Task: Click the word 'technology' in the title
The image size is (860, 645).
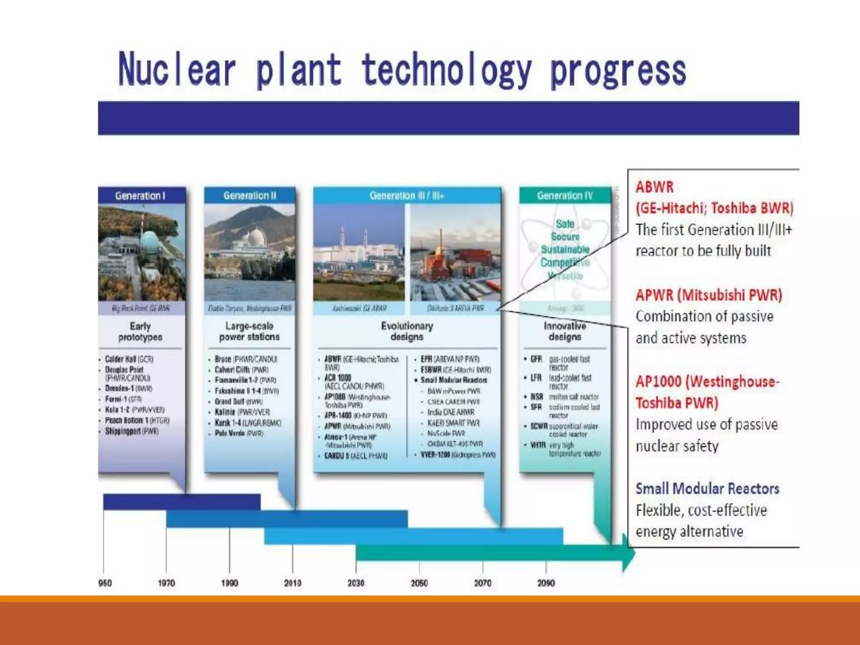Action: click(x=446, y=70)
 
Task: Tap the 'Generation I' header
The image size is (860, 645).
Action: click(x=140, y=196)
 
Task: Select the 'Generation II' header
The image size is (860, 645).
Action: click(x=250, y=196)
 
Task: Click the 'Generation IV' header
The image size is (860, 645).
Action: click(x=565, y=196)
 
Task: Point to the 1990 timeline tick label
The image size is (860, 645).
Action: click(x=229, y=583)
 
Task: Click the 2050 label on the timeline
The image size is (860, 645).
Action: click(x=419, y=583)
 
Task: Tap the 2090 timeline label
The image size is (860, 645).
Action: click(x=546, y=583)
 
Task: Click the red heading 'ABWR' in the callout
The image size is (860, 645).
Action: click(x=654, y=187)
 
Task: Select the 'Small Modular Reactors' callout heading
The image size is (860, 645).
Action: click(x=707, y=488)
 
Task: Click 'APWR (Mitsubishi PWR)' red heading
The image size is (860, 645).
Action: click(x=709, y=295)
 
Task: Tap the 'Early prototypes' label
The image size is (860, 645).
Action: click(x=140, y=332)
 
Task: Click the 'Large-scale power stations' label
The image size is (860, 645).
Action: click(x=249, y=331)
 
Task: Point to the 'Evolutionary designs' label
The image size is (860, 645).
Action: click(x=406, y=331)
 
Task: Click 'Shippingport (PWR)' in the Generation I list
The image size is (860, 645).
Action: click(x=131, y=431)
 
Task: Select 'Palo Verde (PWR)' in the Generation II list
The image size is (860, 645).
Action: click(x=239, y=433)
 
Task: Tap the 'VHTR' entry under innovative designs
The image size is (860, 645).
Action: click(x=538, y=445)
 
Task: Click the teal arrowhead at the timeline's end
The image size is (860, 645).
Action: click(x=629, y=553)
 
